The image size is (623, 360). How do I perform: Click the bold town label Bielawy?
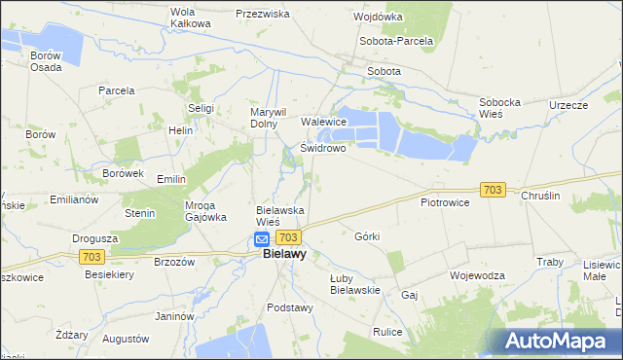[x=285, y=255]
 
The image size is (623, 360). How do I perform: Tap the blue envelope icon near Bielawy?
[x=262, y=238]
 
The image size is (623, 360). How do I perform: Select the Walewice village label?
[x=324, y=122]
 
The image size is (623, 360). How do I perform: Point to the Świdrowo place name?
[x=323, y=149]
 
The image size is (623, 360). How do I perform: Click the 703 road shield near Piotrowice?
[x=493, y=190]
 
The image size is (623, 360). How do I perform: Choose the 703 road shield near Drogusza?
[x=92, y=256]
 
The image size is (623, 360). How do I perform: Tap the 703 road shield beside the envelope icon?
[x=288, y=237]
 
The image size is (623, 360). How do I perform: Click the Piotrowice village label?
[x=445, y=202]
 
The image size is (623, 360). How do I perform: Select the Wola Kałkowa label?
[x=190, y=18]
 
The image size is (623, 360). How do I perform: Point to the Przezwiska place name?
[x=263, y=15]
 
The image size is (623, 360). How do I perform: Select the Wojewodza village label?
[x=477, y=275]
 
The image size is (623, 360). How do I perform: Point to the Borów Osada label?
[x=45, y=61]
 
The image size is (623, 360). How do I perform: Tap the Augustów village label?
[x=126, y=340]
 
